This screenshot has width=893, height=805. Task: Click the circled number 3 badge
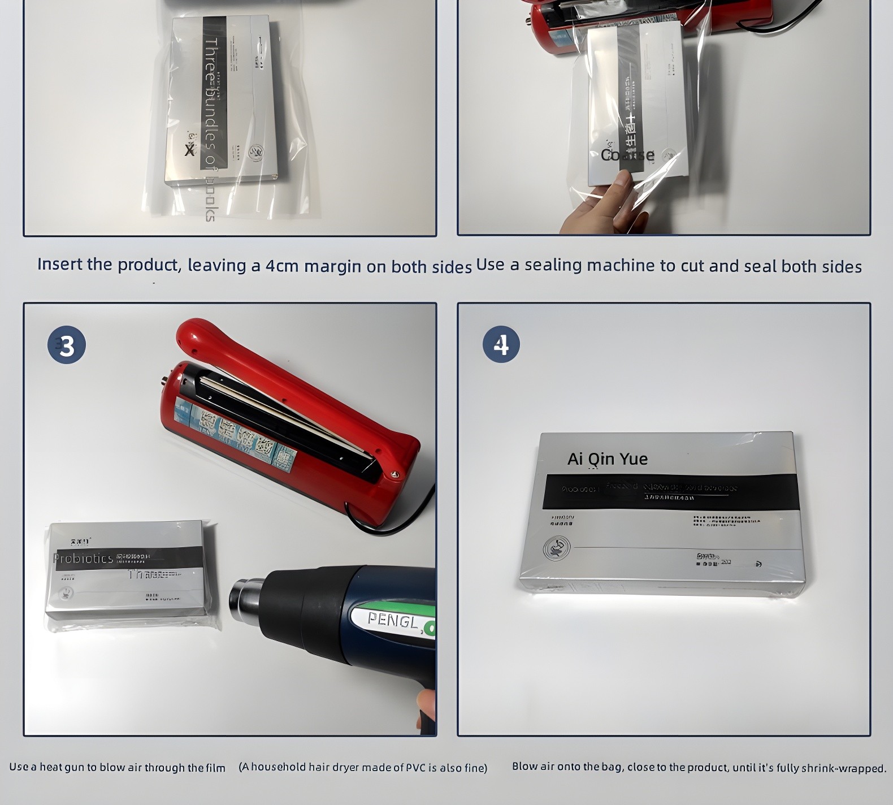point(67,345)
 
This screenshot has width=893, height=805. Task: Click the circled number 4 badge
point(501,344)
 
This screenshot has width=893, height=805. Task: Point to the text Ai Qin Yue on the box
point(608,458)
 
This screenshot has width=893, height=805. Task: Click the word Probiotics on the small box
point(83,559)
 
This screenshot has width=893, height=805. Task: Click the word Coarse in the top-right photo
point(627,155)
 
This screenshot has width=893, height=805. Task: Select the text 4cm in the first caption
point(281,266)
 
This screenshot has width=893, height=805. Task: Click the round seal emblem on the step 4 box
point(556,547)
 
